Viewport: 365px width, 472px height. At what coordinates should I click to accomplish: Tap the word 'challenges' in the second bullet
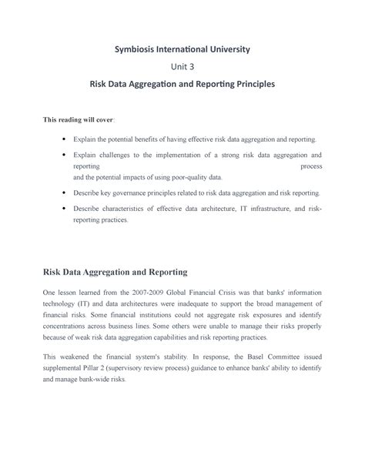point(111,155)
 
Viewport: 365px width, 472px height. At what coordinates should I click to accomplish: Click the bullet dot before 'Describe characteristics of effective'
point(61,208)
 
